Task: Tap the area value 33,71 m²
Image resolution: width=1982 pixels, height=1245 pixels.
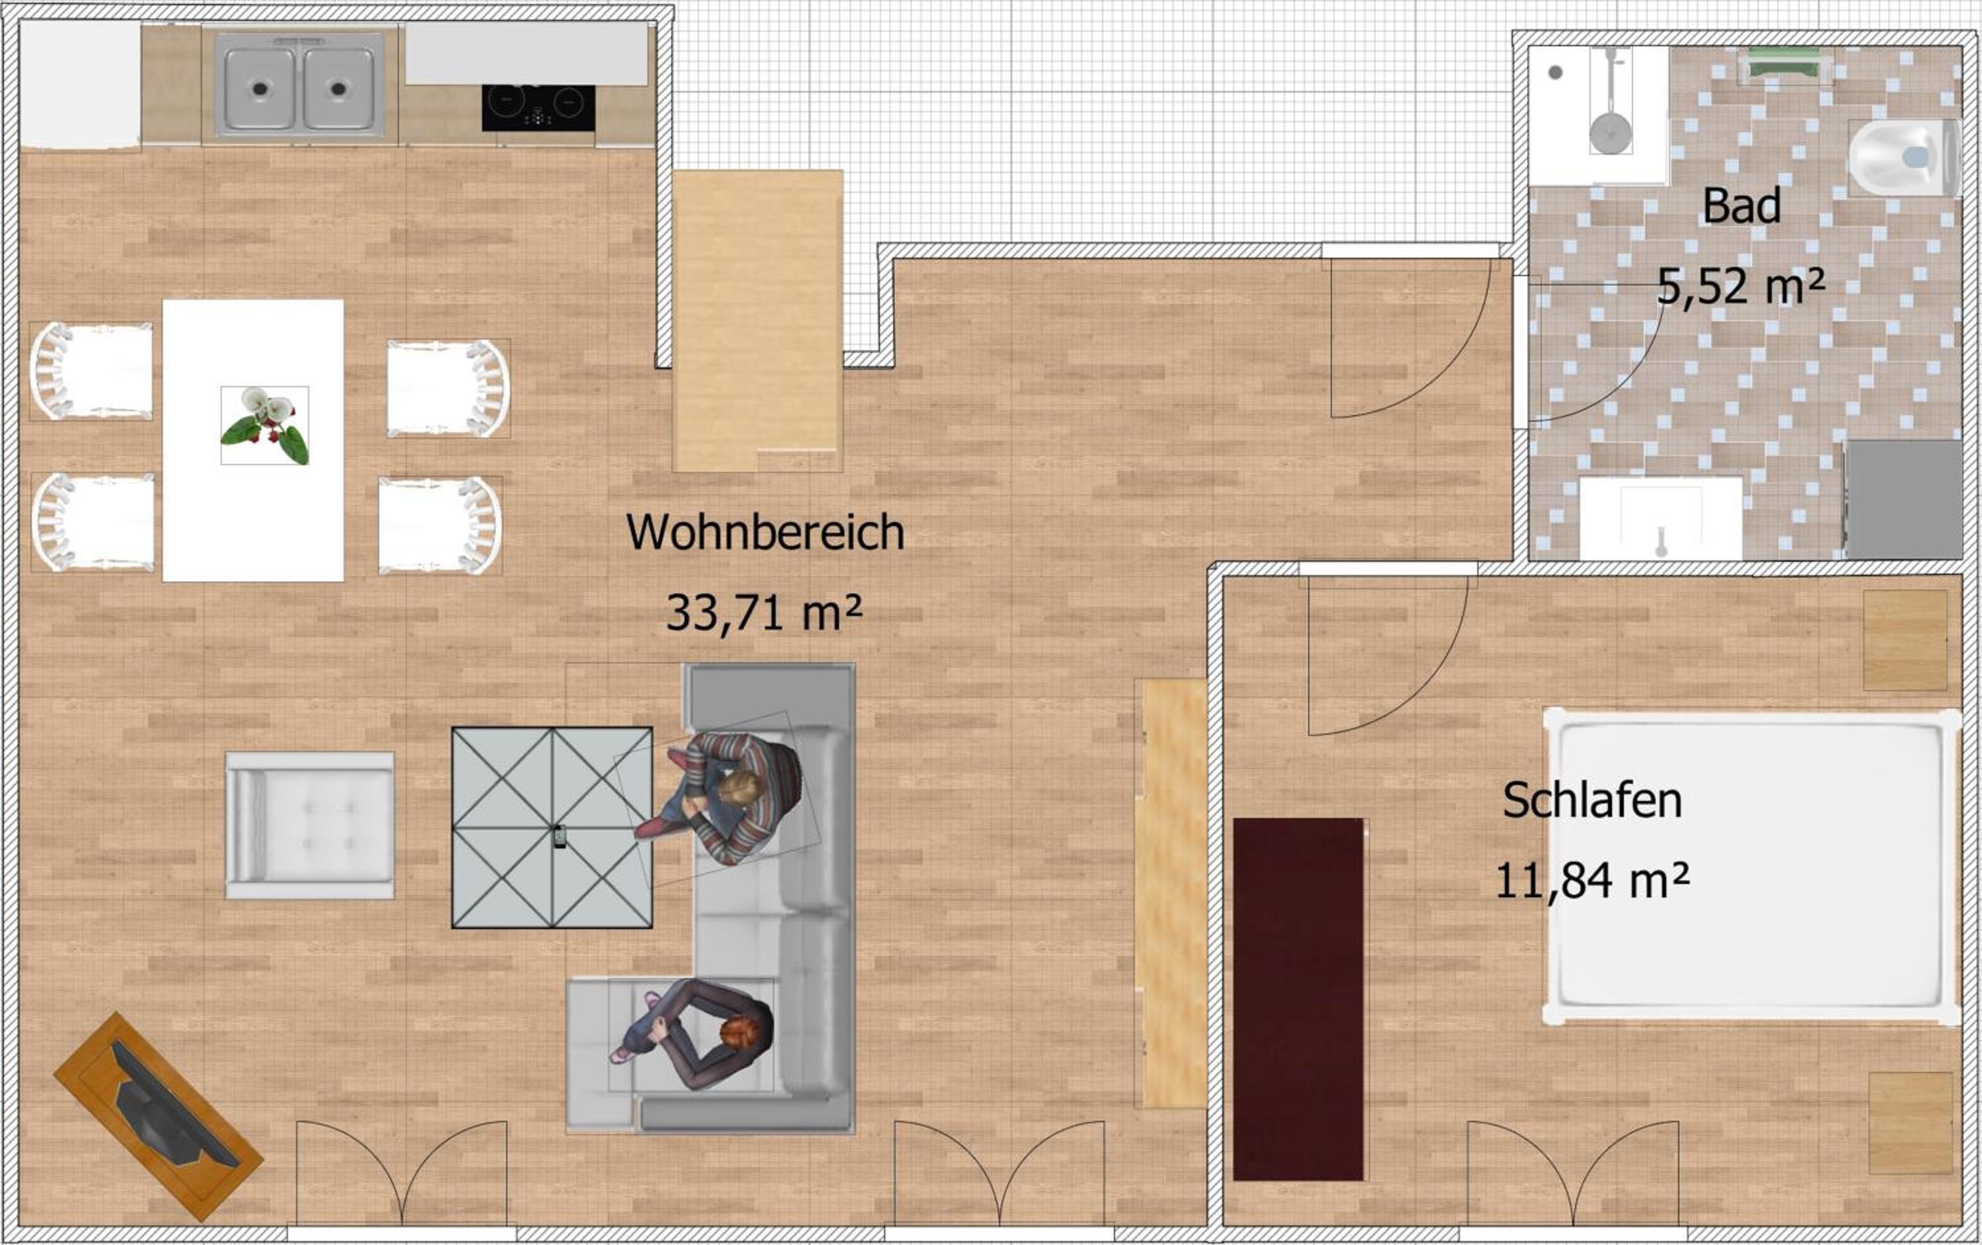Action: click(764, 613)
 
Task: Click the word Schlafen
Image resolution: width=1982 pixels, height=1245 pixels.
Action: click(1592, 800)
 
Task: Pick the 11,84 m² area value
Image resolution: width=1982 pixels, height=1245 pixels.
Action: click(1592, 880)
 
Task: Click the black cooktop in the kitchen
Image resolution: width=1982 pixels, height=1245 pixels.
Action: click(538, 108)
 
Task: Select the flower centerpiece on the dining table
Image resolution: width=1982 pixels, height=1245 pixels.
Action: click(265, 426)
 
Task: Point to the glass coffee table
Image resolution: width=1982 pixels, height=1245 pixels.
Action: click(552, 827)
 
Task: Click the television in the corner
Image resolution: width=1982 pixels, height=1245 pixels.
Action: click(158, 1117)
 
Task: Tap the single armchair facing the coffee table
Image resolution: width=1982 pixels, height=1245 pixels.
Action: click(309, 825)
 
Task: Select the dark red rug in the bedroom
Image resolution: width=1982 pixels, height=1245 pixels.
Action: click(1298, 999)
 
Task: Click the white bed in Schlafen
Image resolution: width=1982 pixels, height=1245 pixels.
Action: click(1751, 866)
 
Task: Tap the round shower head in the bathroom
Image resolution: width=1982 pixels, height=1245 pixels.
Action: click(1610, 133)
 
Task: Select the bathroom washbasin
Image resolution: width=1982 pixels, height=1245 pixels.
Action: click(1660, 519)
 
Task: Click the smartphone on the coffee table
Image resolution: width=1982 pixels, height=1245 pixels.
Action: click(560, 837)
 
